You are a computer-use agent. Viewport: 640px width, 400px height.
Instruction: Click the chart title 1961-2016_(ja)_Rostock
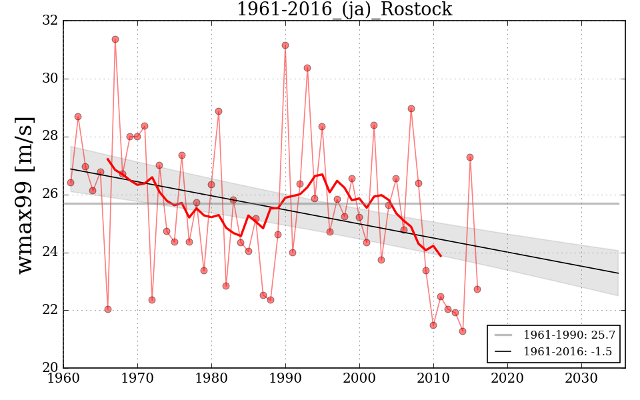pyautogui.click(x=344, y=10)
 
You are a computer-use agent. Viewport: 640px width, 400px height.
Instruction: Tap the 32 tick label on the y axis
pyautogui.click(x=49, y=21)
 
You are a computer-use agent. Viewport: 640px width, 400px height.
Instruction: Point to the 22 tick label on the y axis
pyautogui.click(x=49, y=311)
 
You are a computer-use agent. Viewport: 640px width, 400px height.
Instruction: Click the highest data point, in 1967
pyautogui.click(x=115, y=39)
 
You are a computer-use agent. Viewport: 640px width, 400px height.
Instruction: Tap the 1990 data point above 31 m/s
pyautogui.click(x=285, y=45)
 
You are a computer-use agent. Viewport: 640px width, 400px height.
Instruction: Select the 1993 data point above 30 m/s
pyautogui.click(x=307, y=68)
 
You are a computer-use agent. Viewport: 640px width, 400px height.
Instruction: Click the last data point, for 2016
pyautogui.click(x=477, y=289)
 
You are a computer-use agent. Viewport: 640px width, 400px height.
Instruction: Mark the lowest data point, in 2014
pyautogui.click(x=463, y=331)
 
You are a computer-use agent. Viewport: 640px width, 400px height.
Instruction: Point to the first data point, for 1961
pyautogui.click(x=71, y=183)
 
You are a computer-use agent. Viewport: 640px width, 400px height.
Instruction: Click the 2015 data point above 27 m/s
pyautogui.click(x=470, y=157)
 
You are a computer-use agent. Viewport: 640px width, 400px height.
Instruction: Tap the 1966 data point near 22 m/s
pyautogui.click(x=108, y=309)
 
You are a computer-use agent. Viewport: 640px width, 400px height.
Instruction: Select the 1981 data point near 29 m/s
pyautogui.click(x=219, y=111)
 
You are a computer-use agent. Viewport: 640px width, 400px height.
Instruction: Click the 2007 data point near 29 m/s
pyautogui.click(x=411, y=109)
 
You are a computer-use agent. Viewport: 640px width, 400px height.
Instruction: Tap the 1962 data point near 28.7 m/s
pyautogui.click(x=78, y=117)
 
